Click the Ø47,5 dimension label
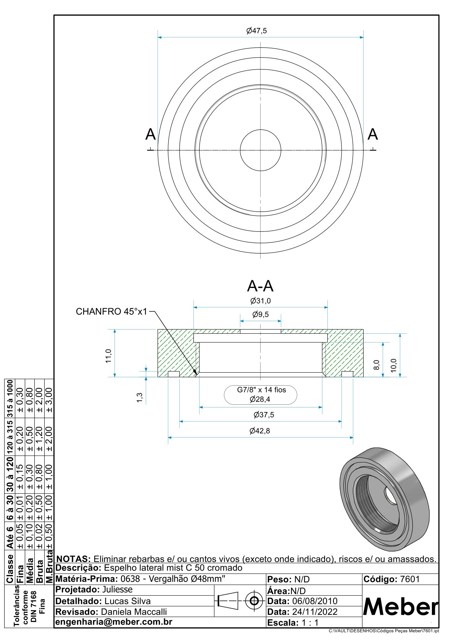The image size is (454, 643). [x=256, y=31]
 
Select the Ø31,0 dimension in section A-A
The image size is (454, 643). [x=261, y=301]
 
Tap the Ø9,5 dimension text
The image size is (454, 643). [x=261, y=315]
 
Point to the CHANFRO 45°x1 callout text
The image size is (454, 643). [x=111, y=312]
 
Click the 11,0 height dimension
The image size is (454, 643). [x=109, y=356]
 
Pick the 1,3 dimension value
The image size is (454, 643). [x=140, y=397]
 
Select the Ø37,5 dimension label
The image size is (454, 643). [x=264, y=415]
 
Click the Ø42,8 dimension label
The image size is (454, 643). [x=260, y=431]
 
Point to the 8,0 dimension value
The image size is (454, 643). [x=377, y=365]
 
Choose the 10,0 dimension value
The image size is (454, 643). [x=394, y=365]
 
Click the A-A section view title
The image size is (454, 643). [x=260, y=286]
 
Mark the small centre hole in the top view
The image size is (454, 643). [x=261, y=150]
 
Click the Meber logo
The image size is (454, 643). [x=401, y=607]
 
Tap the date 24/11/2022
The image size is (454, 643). [x=315, y=612]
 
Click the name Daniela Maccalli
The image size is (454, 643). [x=134, y=612]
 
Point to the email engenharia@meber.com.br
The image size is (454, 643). [x=114, y=622]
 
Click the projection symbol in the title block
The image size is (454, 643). [x=240, y=601]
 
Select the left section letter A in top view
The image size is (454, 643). [x=151, y=135]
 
